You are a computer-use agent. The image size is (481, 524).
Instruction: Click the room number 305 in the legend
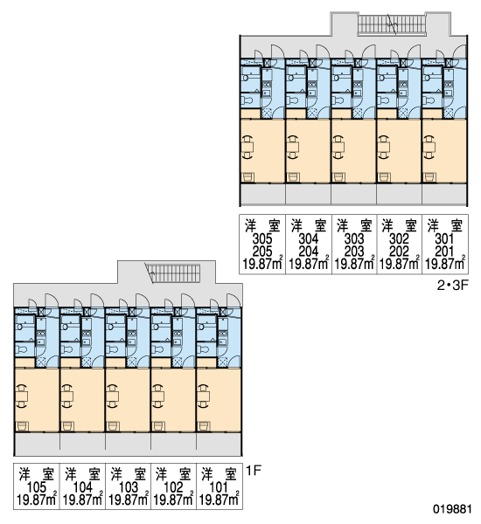[x=262, y=238]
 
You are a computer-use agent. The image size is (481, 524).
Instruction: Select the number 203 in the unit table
[x=354, y=251]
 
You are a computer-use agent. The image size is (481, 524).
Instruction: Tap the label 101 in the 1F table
[x=219, y=487]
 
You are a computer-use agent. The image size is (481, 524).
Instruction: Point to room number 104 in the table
[x=82, y=487]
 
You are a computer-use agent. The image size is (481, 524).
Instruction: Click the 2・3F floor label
[x=451, y=286]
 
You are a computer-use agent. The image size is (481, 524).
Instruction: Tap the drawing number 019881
[x=452, y=509]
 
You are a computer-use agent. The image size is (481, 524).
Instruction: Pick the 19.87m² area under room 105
[x=37, y=500]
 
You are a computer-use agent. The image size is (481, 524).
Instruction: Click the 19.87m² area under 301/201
[x=445, y=264]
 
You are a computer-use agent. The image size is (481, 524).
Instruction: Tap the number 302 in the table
[x=400, y=238]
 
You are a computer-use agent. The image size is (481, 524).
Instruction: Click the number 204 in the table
[x=309, y=251]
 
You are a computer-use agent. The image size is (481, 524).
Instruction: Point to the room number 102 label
[x=173, y=487]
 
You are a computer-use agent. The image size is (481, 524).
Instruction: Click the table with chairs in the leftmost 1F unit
[x=22, y=396]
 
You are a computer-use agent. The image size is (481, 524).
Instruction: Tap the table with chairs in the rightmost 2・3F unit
[x=429, y=147]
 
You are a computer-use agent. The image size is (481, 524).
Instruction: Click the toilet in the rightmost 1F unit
[x=204, y=349]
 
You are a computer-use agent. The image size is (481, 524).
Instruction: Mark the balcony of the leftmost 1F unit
[x=37, y=445]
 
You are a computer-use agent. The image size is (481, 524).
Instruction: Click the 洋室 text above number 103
[x=129, y=474]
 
